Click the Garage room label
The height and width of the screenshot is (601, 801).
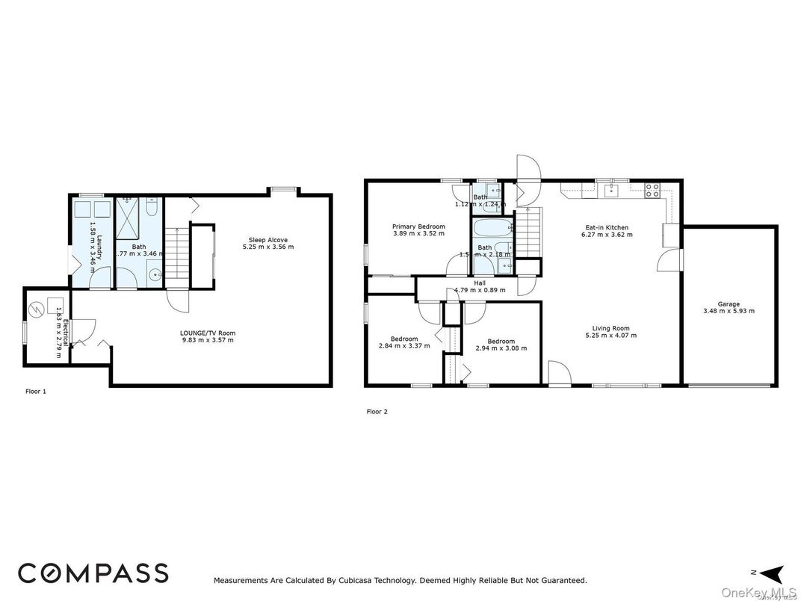coord(729,304)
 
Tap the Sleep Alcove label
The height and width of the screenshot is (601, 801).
coord(267,240)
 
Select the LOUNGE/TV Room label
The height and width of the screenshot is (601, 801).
coord(207,333)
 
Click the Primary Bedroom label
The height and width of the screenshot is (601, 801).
coord(418,226)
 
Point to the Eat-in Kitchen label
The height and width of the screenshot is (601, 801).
coord(606,227)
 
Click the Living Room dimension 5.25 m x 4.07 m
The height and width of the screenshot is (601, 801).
coord(611,336)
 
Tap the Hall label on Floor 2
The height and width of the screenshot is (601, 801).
coord(480,283)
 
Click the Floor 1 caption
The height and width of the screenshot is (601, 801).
coord(36,391)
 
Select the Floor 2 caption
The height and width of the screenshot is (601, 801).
coord(377,411)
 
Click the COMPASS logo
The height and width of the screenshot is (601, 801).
coord(93,573)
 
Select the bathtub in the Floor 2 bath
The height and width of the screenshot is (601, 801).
coord(492,227)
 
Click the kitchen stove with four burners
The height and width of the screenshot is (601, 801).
coord(652,190)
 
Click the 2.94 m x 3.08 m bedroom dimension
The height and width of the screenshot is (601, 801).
coord(501,348)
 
